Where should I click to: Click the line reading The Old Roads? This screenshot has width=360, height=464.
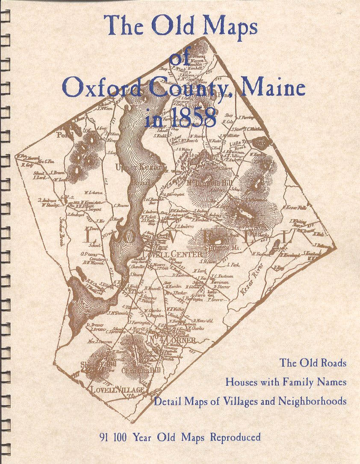point(313,363)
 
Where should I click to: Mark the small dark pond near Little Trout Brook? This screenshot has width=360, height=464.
point(260,143)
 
